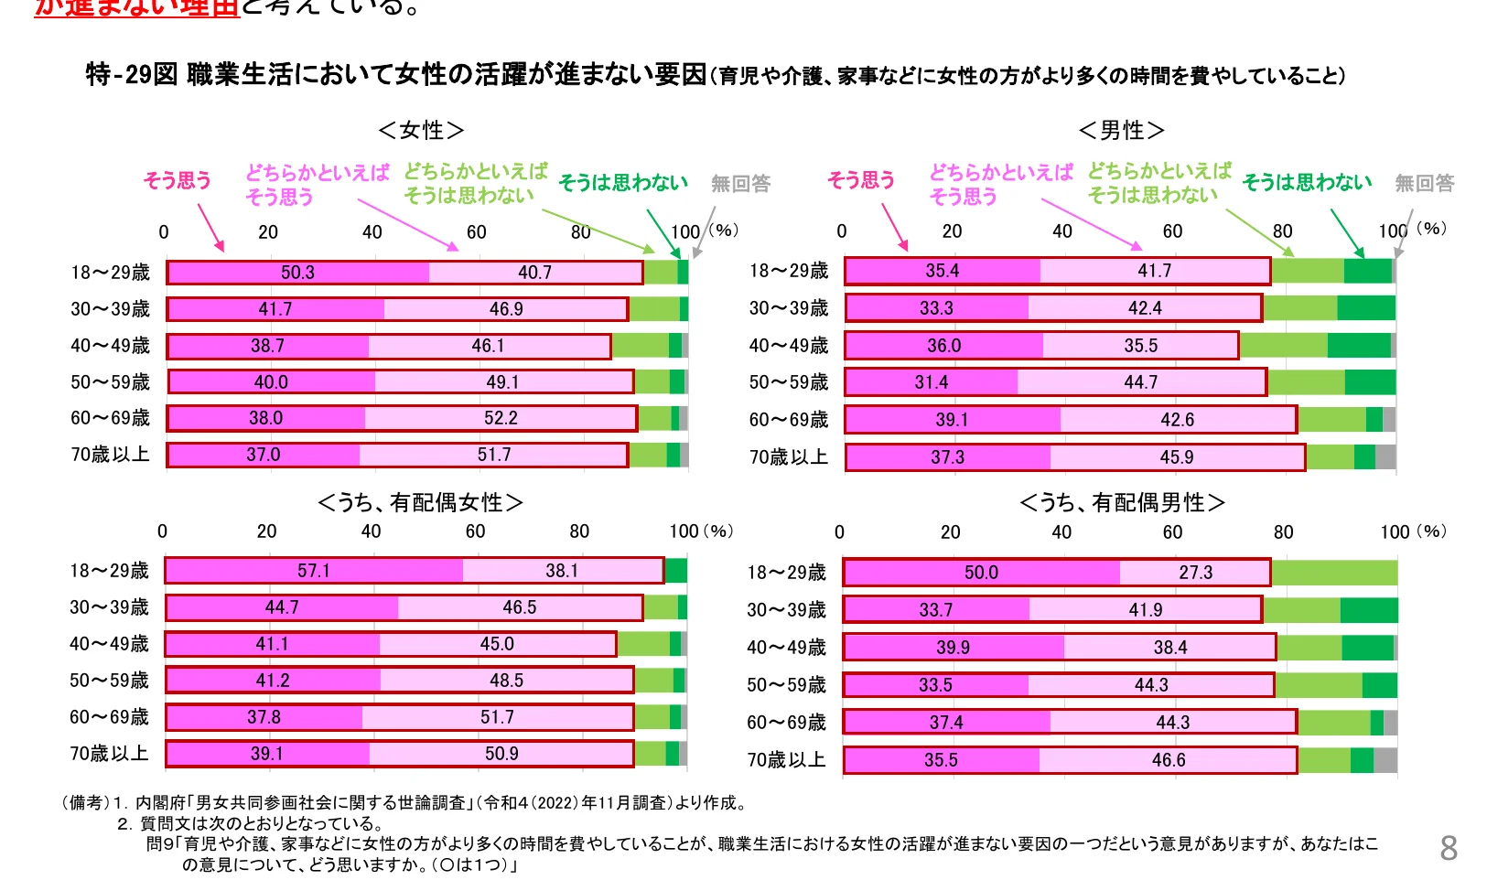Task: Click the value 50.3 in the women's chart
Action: point(297,273)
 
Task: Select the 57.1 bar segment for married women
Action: point(313,571)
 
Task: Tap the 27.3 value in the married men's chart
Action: point(1195,573)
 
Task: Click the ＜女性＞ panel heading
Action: point(421,131)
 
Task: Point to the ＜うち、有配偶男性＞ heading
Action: point(1122,503)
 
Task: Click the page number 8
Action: point(1448,848)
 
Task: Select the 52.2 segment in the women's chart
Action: point(501,418)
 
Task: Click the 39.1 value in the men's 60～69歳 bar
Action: point(952,420)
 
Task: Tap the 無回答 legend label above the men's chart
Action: point(1424,184)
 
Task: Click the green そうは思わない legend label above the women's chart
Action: point(622,183)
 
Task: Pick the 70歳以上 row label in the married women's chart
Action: point(109,754)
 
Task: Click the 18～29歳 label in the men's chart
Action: point(788,271)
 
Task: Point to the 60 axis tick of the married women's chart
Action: point(475,531)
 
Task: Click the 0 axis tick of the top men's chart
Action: point(842,231)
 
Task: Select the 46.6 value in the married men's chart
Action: point(1169,760)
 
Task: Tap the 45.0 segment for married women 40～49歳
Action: point(497,644)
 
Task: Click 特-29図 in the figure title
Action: point(132,74)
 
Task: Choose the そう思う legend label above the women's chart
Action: point(177,180)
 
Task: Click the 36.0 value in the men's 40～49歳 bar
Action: point(943,346)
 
